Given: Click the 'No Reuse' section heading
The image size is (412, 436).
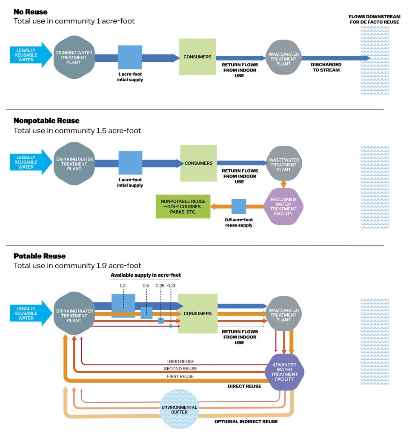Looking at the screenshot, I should pyautogui.click(x=31, y=11).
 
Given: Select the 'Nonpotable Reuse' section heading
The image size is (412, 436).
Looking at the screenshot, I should pyautogui.click(x=46, y=121).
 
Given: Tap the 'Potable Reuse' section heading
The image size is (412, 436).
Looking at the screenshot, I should pyautogui.click(x=40, y=256).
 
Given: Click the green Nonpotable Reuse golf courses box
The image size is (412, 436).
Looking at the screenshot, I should pyautogui.click(x=183, y=207).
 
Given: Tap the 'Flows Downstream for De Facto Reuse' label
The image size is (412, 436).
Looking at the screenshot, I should pyautogui.click(x=374, y=20).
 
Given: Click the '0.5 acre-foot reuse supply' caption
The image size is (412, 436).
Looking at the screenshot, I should pyautogui.click(x=239, y=222).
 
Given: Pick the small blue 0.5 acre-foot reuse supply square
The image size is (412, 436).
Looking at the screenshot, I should pyautogui.click(x=239, y=207).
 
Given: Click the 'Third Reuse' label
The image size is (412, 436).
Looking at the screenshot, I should pyautogui.click(x=180, y=361).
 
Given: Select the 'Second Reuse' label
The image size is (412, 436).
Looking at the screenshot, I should pyautogui.click(x=180, y=369).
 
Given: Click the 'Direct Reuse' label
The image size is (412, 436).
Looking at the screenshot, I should pyautogui.click(x=245, y=386).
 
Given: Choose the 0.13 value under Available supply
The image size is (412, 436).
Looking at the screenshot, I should pyautogui.click(x=172, y=285).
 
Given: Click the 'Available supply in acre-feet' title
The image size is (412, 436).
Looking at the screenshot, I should pyautogui.click(x=146, y=275).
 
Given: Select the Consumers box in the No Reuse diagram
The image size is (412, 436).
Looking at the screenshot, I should pyautogui.click(x=197, y=57).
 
